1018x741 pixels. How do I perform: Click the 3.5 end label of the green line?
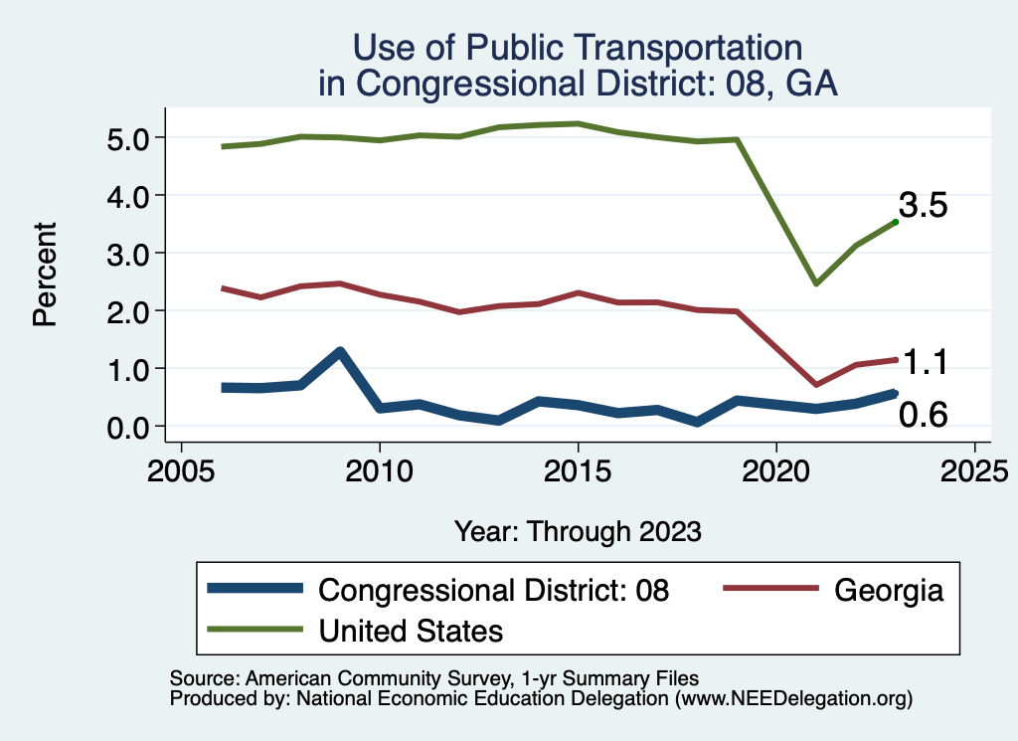coord(924,206)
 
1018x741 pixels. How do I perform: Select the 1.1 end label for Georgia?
coord(924,363)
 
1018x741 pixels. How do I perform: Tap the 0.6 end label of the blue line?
coord(924,416)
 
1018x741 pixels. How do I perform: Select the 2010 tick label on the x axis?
coord(379,469)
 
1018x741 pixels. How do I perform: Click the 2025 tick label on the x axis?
coord(974,469)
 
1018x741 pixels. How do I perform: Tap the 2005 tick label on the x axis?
coord(181,469)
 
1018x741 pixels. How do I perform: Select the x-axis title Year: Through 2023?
coord(578,531)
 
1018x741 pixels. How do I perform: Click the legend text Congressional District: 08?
coord(494,590)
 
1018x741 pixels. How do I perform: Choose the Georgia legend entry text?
coord(888,590)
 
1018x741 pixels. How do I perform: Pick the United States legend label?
coord(411,630)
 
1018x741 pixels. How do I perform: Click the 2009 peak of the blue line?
coord(340,352)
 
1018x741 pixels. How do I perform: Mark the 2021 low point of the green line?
coord(815,283)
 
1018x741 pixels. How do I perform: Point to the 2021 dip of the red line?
coord(815,384)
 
